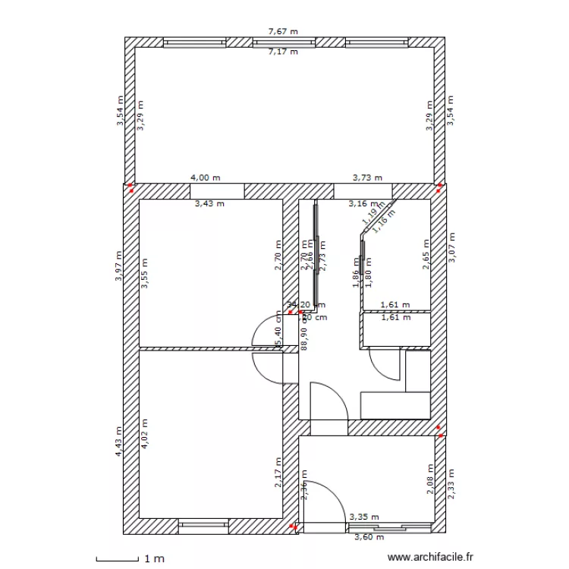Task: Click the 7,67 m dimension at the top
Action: tap(283, 32)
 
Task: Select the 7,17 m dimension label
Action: tap(283, 52)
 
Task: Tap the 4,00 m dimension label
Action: tap(206, 178)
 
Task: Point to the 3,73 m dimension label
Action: tap(367, 178)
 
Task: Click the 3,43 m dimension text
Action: tap(209, 203)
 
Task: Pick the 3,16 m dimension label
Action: tap(363, 203)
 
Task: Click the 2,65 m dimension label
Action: tap(426, 255)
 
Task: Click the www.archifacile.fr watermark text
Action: tap(429, 558)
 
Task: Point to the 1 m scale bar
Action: tap(130, 560)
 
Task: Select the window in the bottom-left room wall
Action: tap(203, 525)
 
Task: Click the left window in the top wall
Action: tap(193, 42)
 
